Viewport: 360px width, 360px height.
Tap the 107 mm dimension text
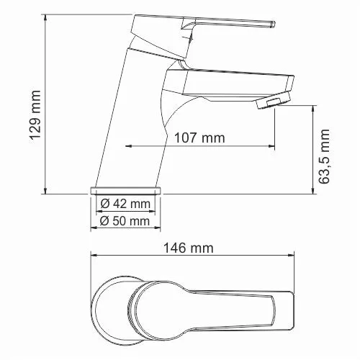pos(199,138)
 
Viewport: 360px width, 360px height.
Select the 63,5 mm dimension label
pos(325,158)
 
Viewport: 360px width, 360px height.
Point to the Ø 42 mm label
pos(125,204)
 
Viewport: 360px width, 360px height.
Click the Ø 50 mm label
pos(125,221)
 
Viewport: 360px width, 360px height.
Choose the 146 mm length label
pos(193,248)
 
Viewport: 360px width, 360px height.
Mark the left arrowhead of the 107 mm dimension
pos(130,146)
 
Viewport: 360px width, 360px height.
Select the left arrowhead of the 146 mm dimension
pos(94,256)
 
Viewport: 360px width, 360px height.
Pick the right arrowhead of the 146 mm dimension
pos(293,256)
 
